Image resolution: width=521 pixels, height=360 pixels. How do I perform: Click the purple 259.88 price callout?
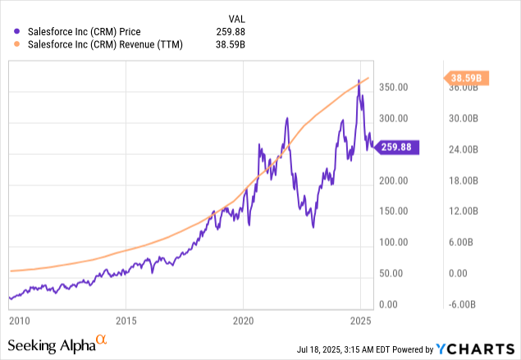coord(400,148)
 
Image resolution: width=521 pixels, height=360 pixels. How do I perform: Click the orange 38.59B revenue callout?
coord(468,79)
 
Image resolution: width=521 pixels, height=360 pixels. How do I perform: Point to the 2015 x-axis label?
coord(125,319)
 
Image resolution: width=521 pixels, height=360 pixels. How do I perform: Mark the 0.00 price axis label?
coord(395,304)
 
